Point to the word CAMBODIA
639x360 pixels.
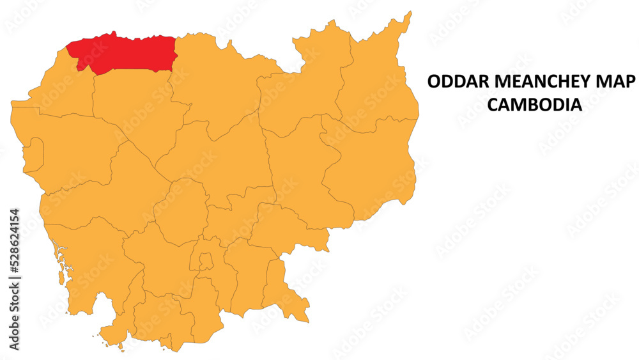pos(535,105)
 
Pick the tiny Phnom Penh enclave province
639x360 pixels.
pos(205,261)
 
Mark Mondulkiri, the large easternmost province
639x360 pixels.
pos(371,166)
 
